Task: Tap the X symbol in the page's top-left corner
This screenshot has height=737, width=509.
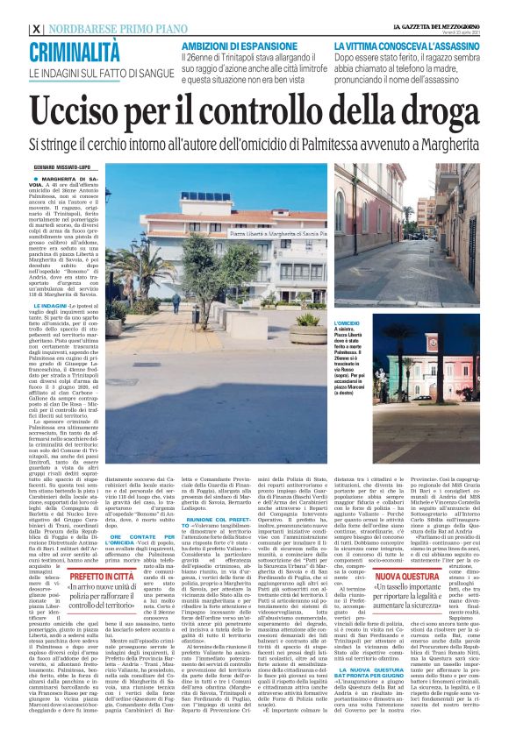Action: click(35, 29)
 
